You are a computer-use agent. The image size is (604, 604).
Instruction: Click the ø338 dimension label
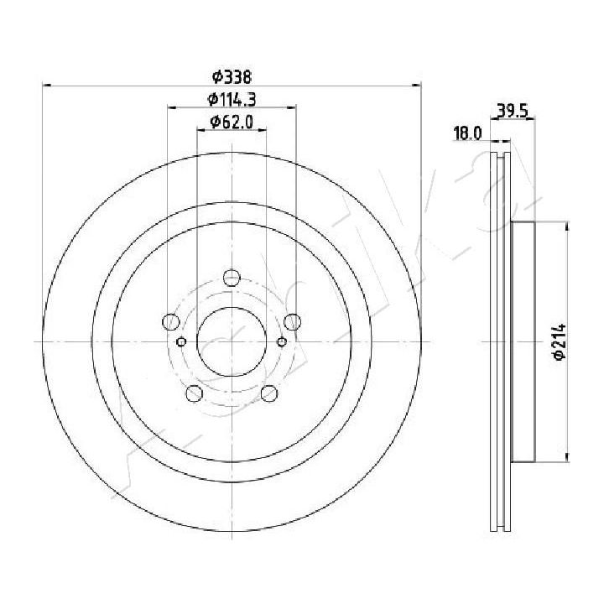click(232, 76)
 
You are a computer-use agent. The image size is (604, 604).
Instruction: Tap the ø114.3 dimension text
click(232, 99)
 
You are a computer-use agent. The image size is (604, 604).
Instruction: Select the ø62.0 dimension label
click(232, 122)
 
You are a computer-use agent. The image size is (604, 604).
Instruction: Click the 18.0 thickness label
click(468, 133)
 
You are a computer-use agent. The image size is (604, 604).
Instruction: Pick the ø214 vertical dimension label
click(560, 341)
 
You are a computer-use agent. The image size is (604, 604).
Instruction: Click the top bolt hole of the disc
click(232, 278)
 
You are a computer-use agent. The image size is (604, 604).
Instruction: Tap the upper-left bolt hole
click(171, 321)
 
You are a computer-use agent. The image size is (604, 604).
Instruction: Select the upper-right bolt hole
click(293, 321)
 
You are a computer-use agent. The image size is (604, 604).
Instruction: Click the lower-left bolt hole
click(194, 393)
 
